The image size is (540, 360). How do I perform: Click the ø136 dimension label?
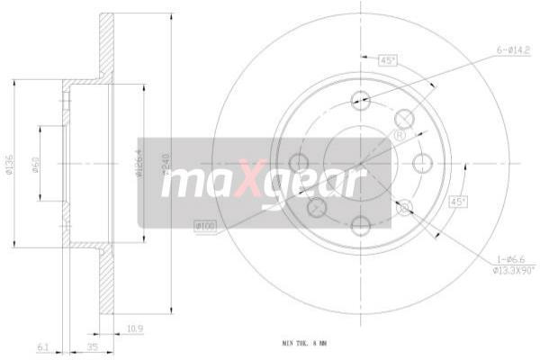click(8, 170)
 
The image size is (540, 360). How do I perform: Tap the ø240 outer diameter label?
click(166, 166)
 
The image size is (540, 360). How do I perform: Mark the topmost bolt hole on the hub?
click(360, 101)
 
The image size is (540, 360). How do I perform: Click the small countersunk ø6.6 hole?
click(404, 208)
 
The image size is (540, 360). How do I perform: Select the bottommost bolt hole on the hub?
click(360, 225)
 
